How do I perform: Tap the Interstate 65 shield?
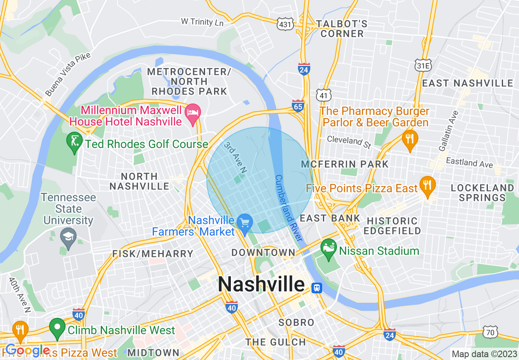coord(298,106)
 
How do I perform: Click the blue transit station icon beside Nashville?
coord(316,288)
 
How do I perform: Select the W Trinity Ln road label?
coord(202,21)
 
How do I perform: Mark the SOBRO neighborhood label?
coord(296,322)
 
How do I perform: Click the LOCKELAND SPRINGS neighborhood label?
coord(482,193)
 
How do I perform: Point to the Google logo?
coord(27,351)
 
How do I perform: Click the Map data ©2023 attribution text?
coord(484,354)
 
